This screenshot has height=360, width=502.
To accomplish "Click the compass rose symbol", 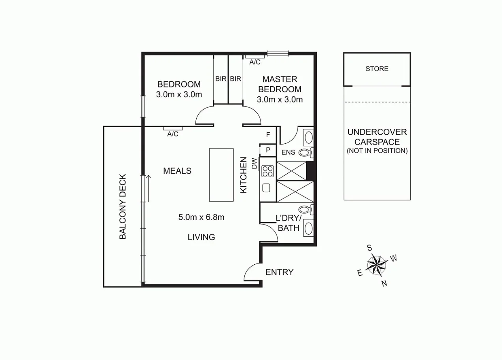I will [377, 264].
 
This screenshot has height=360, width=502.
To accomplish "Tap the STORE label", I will [377, 69].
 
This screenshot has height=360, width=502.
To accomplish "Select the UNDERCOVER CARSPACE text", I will [377, 137].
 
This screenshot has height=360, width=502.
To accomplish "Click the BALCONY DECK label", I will [123, 206].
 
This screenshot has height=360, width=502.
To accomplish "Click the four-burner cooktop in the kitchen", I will [268, 171].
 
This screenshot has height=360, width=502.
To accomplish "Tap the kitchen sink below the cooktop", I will [266, 188].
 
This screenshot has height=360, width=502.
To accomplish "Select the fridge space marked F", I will [268, 135].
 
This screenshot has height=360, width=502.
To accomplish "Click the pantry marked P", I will [268, 150].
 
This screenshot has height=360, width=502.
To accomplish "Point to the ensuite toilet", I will [305, 152].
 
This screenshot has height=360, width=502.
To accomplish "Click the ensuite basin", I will [309, 137].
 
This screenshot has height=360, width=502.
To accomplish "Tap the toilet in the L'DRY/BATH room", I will [305, 210].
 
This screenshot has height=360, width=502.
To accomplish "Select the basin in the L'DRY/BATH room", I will [309, 228].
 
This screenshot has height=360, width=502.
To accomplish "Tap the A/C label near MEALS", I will [173, 134].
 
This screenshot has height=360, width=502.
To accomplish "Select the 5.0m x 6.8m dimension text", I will [201, 217].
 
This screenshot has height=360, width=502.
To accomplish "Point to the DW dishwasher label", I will [254, 163].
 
